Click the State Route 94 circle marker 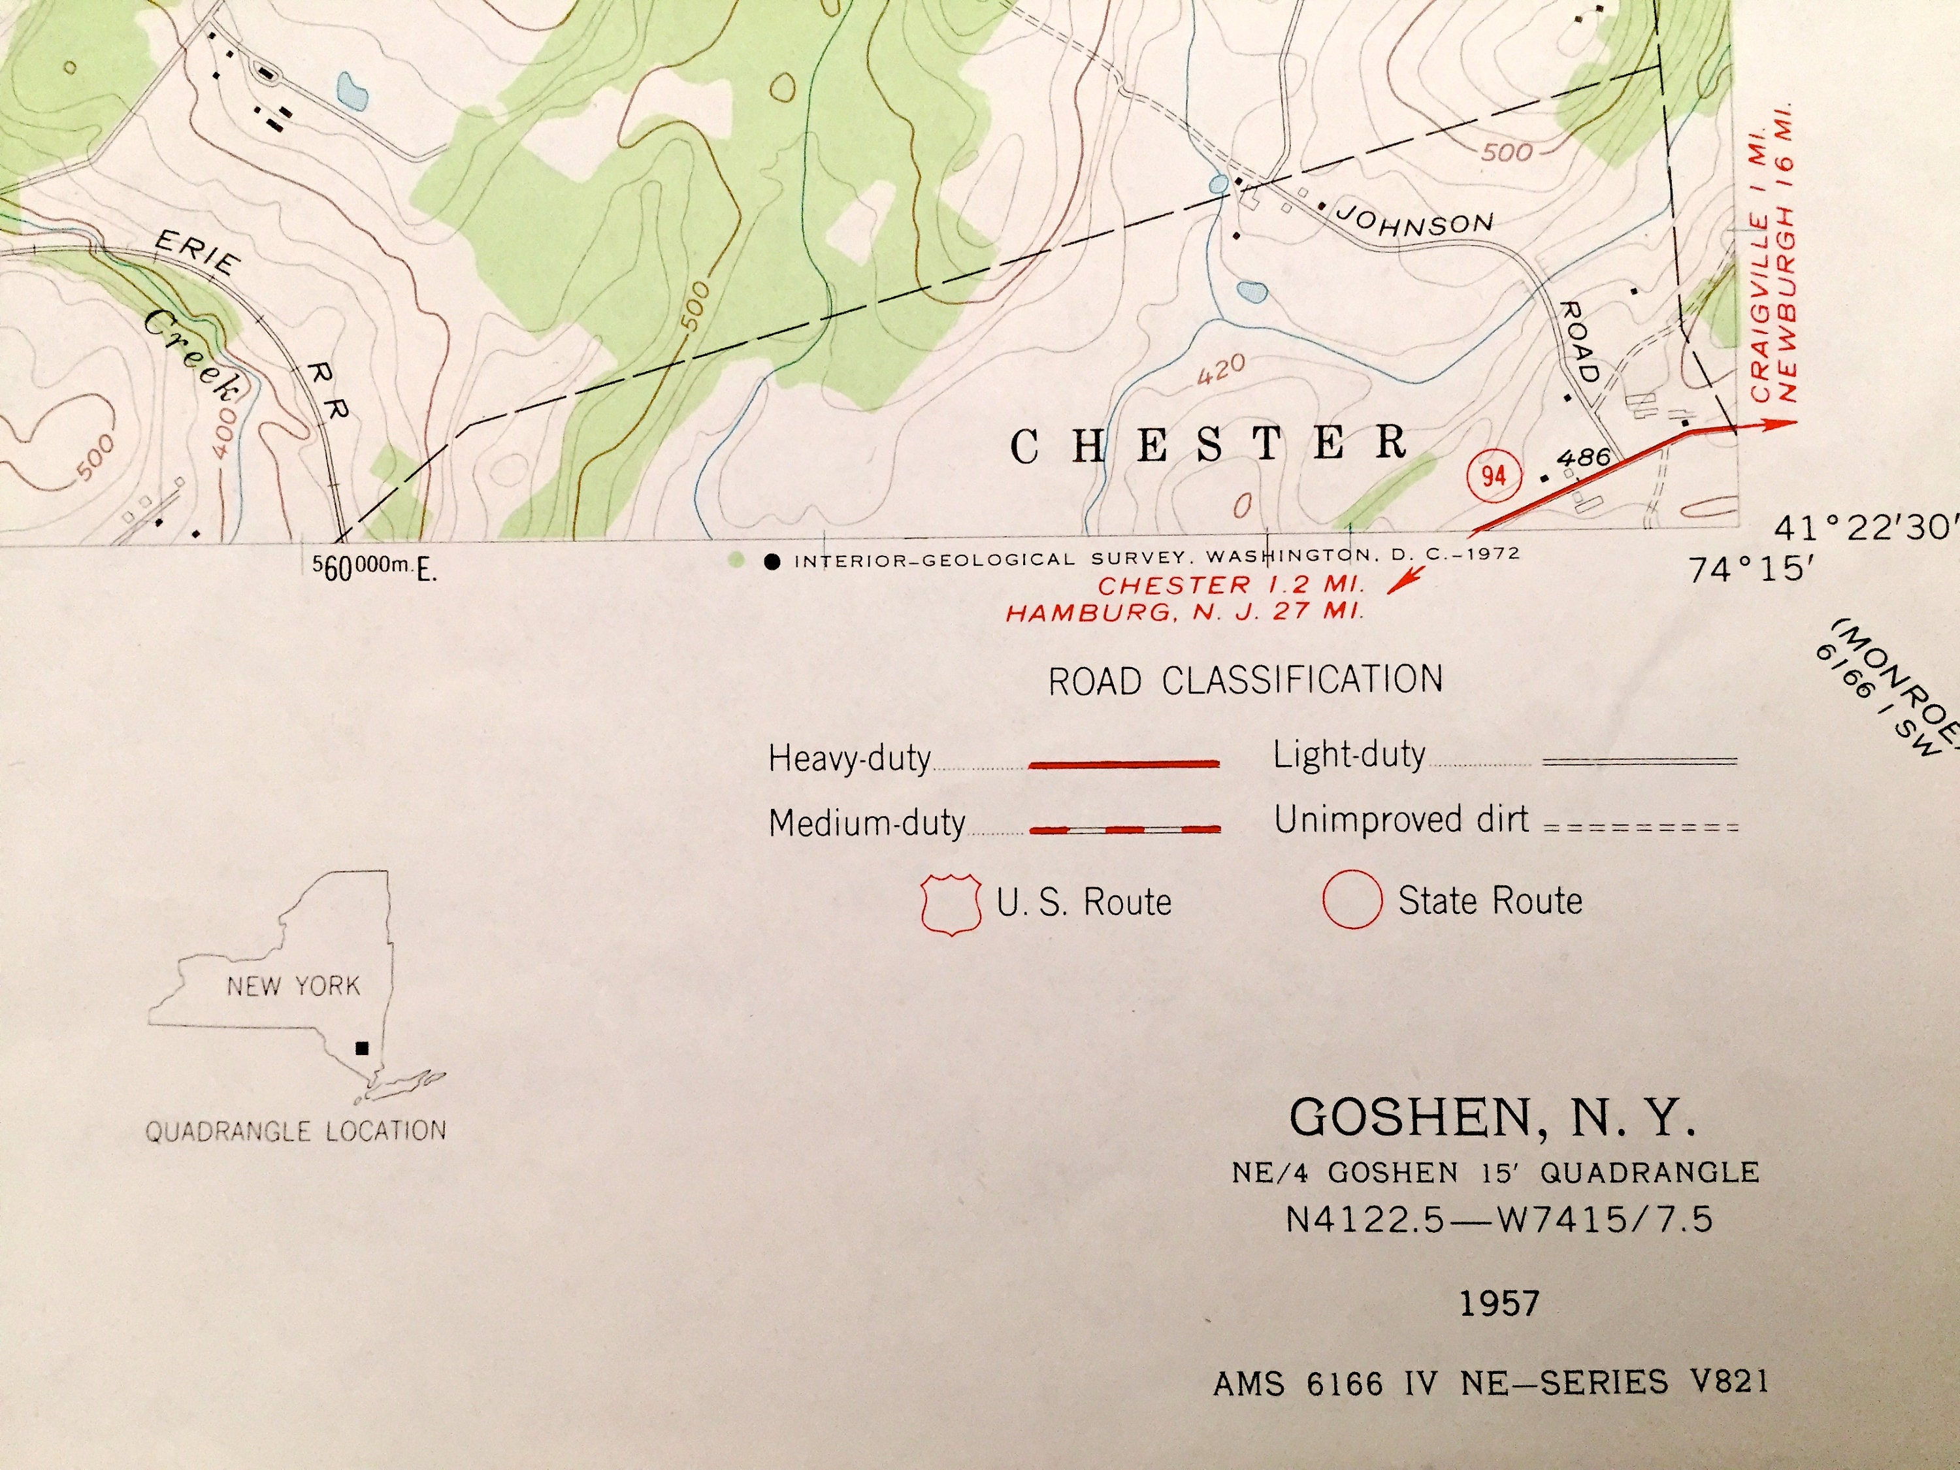point(1493,476)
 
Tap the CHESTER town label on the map point(1209,445)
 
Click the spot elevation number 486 point(1582,458)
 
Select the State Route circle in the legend point(1352,900)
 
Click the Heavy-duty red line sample point(1122,764)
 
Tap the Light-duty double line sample point(1640,761)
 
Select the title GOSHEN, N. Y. point(1492,1119)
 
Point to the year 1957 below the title point(1499,1303)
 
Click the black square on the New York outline point(361,1048)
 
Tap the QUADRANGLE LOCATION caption point(296,1132)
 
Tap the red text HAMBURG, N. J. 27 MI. point(1184,612)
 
